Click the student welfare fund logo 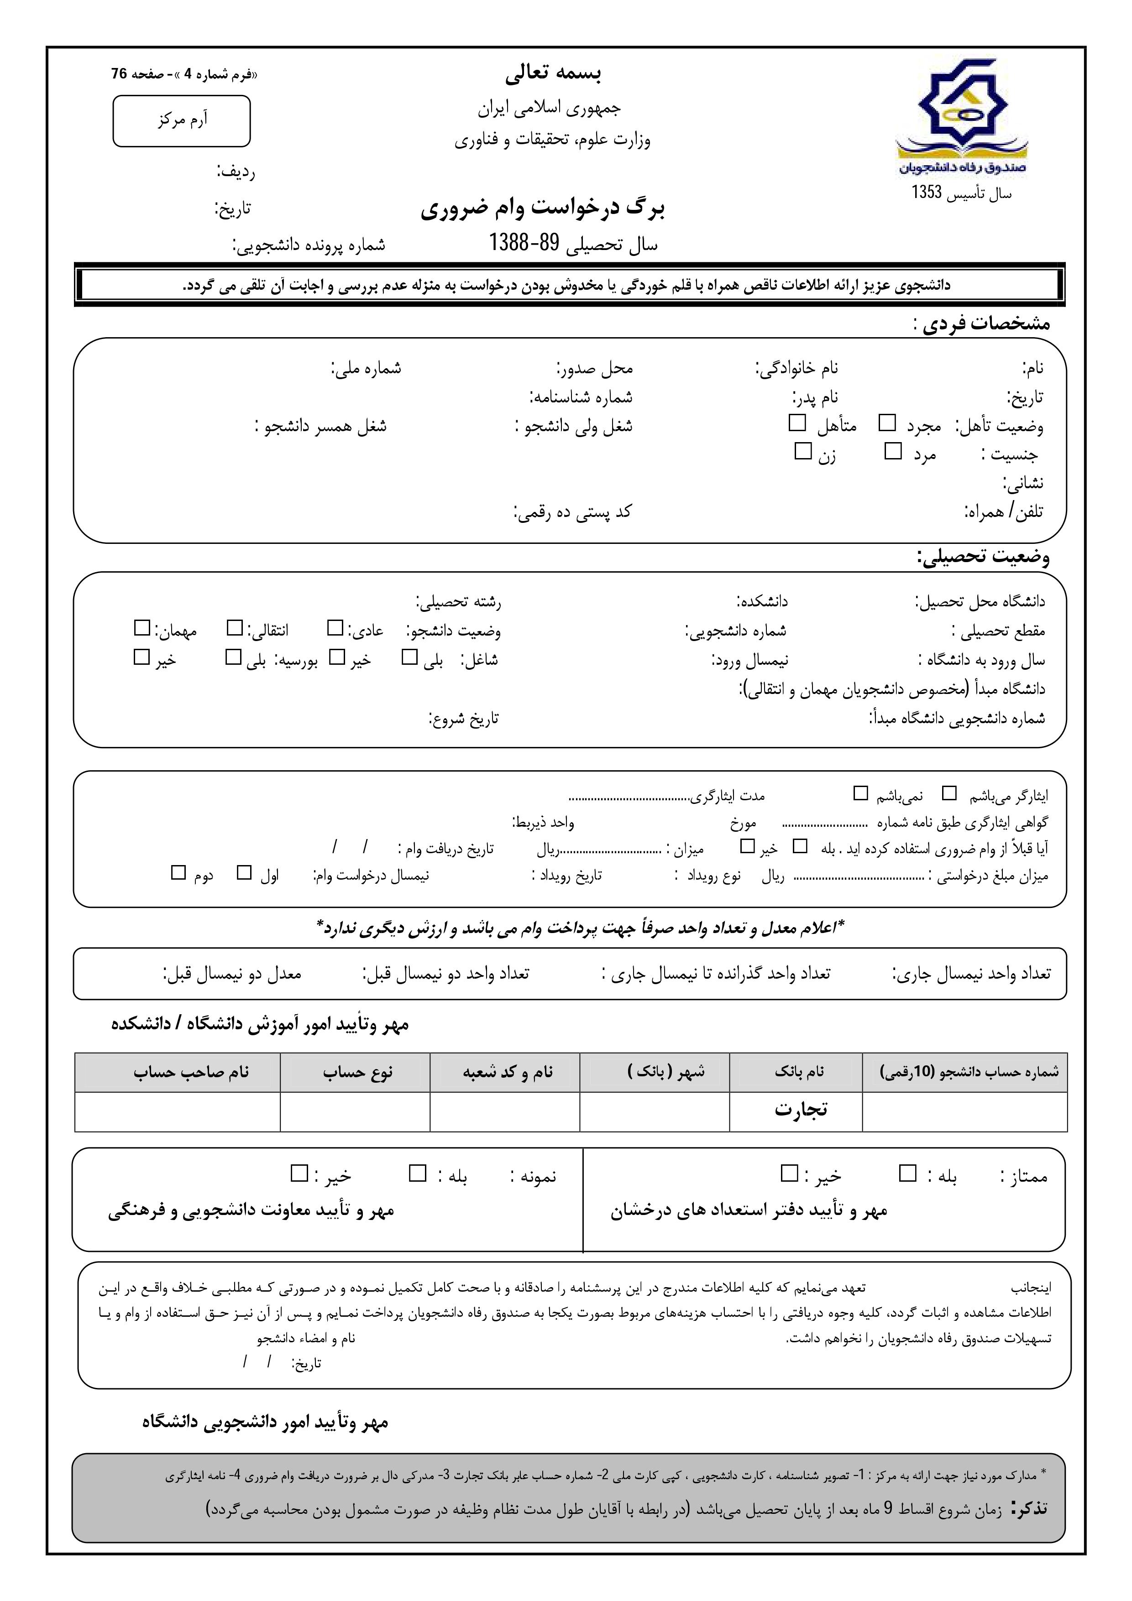[x=961, y=119]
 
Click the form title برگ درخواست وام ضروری [x=543, y=209]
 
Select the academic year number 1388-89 [x=524, y=243]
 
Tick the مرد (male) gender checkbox [x=893, y=451]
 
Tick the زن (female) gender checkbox [x=803, y=451]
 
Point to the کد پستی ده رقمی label [x=573, y=512]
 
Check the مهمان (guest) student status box [x=142, y=628]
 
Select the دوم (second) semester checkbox [x=178, y=872]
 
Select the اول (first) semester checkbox [x=244, y=872]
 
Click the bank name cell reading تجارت [x=801, y=1110]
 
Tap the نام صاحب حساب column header [x=191, y=1072]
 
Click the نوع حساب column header [x=357, y=1072]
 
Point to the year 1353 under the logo [x=927, y=193]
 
